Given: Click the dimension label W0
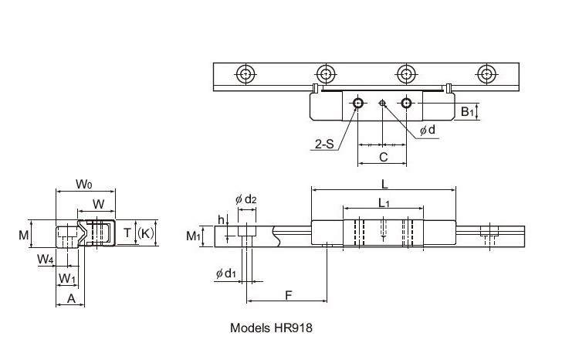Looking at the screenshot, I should pos(85,184).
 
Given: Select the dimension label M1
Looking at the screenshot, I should pos(194,235).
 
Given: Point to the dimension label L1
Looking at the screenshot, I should pos(384,202).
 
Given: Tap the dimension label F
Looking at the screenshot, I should pos(288,294).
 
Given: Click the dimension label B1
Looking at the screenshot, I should pos(468,112).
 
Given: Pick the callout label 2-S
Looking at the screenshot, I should pos(323,143).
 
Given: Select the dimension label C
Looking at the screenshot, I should pos(383,157).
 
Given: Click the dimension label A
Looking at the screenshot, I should pos(71,297).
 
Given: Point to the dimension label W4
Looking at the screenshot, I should pos(45,260).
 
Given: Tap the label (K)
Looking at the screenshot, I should pos(146,233).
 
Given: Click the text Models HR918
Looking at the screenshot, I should pos(271,327).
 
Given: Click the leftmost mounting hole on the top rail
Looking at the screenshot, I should pos(246,74).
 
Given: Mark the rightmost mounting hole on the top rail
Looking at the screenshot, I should pos(486,74).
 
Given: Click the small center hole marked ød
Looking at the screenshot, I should pos(383,102).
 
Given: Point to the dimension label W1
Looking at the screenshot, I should pos(68,277).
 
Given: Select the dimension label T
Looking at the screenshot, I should pos(127,233).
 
